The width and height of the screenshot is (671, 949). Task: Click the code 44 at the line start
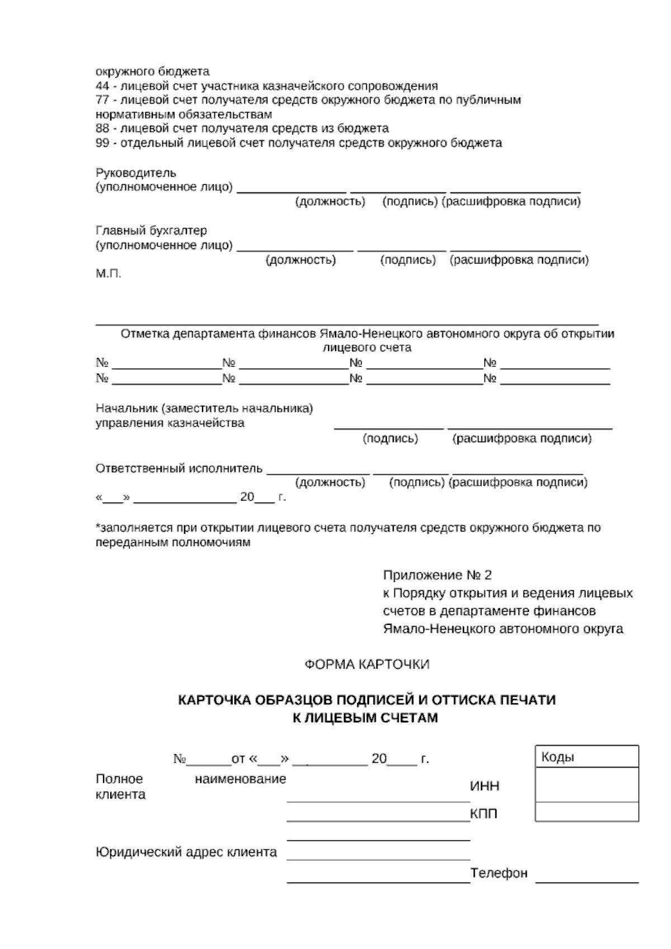click(102, 86)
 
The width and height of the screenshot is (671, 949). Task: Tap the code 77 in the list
click(102, 100)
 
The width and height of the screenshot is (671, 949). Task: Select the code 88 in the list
click(102, 129)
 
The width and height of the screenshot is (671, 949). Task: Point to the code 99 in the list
click(102, 143)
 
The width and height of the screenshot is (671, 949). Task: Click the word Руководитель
click(136, 173)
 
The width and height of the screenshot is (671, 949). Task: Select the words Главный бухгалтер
click(151, 231)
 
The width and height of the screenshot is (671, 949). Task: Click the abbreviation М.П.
click(108, 274)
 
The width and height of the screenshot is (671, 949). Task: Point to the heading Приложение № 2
click(437, 575)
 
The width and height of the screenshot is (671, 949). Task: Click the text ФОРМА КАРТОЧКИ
click(367, 664)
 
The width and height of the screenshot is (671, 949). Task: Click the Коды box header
click(587, 757)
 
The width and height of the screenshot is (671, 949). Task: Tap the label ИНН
click(485, 786)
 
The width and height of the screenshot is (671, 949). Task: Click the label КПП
click(484, 814)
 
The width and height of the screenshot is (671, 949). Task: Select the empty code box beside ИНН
click(587, 784)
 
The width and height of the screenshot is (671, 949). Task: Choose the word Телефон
click(499, 873)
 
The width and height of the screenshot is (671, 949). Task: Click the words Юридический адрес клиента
click(186, 852)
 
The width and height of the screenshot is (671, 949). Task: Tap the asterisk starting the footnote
click(98, 527)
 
